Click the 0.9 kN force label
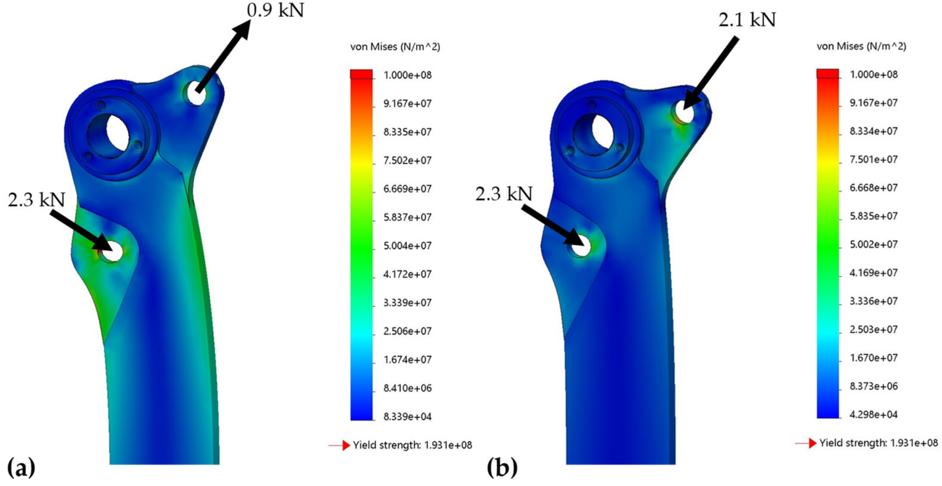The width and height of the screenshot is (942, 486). (x=275, y=10)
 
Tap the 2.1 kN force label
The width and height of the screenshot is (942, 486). (x=747, y=20)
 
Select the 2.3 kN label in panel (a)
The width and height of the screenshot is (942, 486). (x=36, y=200)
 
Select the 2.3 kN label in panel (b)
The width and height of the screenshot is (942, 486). (x=504, y=193)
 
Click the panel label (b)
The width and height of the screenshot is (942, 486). (x=502, y=467)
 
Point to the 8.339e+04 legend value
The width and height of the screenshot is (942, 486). (x=408, y=416)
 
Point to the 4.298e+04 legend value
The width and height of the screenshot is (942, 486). (x=874, y=414)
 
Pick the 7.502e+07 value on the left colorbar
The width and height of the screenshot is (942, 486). (x=408, y=161)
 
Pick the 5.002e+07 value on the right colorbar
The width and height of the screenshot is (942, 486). (x=874, y=244)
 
